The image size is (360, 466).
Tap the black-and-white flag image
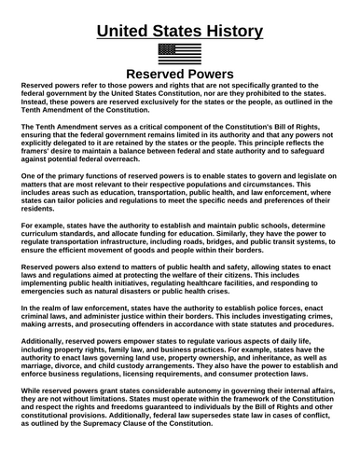coord(179,53)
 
